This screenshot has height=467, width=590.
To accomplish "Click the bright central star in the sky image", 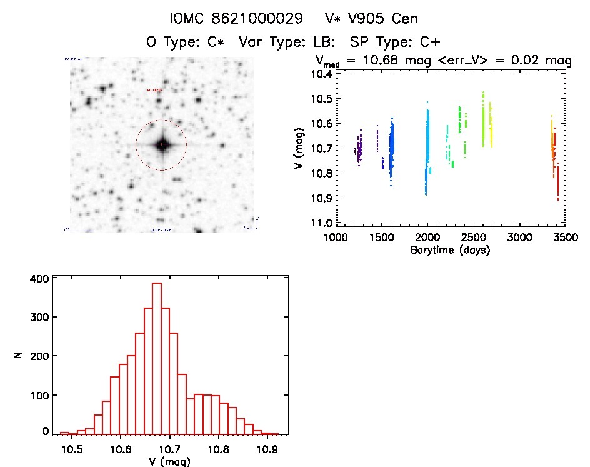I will click(162, 145).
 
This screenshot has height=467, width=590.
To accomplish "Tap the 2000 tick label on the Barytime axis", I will click(427, 238).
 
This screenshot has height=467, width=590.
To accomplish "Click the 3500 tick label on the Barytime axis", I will click(565, 238).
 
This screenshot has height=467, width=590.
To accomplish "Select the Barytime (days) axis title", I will click(450, 251).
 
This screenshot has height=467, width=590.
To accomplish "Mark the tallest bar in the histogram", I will click(157, 357).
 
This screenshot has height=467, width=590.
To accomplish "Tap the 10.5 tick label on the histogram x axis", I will click(72, 449).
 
